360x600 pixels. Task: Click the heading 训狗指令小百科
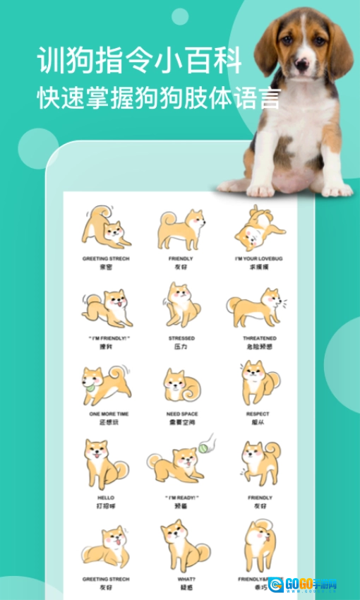point(139,61)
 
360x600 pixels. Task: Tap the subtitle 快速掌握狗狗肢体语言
point(158,97)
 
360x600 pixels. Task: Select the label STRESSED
point(181,338)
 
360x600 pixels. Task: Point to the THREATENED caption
point(259,338)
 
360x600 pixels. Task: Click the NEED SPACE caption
point(181,414)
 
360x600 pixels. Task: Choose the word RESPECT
point(258,414)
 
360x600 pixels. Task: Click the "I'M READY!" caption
point(181,498)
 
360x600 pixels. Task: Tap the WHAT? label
point(181,579)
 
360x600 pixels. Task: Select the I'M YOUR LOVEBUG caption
point(259,259)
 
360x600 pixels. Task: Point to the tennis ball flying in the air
point(204,447)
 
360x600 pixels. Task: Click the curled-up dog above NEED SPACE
point(181,386)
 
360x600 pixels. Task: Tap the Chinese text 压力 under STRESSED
point(181,347)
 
